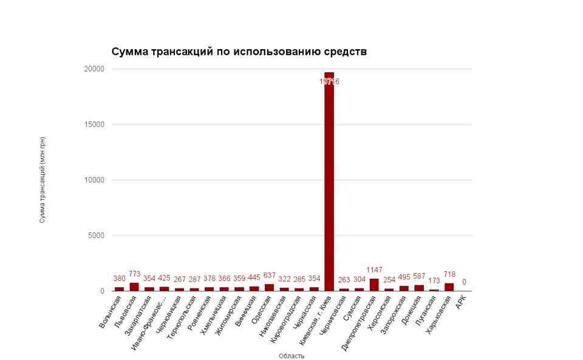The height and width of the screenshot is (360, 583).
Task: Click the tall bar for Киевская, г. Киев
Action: point(329,182)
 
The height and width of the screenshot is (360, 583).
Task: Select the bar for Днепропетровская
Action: point(374,285)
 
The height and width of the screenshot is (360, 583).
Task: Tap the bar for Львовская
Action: point(134,287)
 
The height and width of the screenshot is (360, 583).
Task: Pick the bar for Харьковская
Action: point(449,287)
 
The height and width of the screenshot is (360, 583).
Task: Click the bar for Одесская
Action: point(269,287)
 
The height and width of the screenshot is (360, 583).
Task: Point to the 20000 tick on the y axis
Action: point(94,69)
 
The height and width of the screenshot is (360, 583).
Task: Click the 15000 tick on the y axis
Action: point(94,124)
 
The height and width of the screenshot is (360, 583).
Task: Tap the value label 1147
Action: point(374,270)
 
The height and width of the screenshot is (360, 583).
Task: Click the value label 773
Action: point(134,274)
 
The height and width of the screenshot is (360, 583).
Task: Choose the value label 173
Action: point(434,281)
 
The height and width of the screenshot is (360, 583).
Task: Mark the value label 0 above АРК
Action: point(464,282)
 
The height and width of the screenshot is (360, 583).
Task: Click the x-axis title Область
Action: point(291,356)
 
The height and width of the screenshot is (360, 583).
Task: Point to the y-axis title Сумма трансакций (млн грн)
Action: point(43,180)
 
